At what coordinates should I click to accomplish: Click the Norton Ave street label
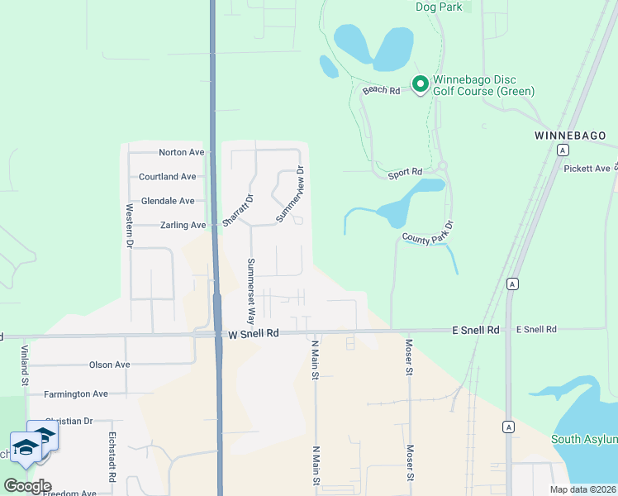181,152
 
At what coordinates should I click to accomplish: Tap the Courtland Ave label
167,176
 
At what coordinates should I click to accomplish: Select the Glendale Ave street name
168,201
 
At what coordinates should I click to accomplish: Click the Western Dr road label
129,226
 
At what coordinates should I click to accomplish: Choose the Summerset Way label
251,291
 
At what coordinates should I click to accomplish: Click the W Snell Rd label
254,333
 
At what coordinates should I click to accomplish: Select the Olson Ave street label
109,365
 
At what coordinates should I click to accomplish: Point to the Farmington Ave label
77,394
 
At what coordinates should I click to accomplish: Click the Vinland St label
25,365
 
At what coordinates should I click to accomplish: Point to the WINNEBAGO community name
570,135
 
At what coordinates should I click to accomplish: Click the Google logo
26,486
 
